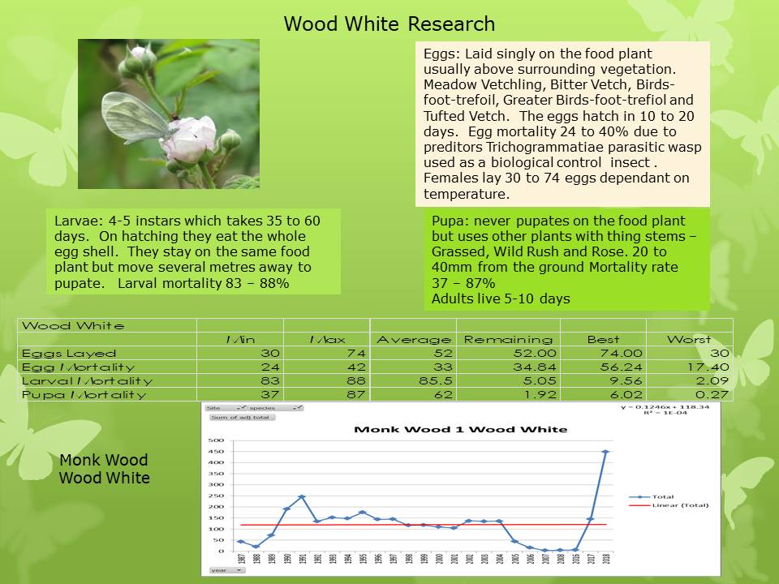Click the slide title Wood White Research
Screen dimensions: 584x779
(389, 24)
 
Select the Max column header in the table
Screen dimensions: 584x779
(326, 339)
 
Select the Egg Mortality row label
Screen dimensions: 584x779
(79, 367)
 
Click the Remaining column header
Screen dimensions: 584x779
(508, 339)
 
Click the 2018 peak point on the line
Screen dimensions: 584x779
(605, 452)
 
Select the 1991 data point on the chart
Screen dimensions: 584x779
(302, 496)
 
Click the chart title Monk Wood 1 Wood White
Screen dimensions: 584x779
(461, 428)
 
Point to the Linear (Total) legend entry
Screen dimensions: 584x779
(680, 505)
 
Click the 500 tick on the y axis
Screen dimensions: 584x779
(217, 440)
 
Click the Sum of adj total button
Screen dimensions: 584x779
(242, 418)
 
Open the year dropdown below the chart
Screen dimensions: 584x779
(226, 570)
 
